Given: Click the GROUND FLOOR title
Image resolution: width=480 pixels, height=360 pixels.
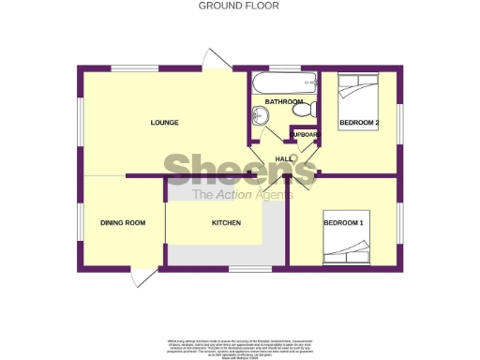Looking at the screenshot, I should tap(238, 6).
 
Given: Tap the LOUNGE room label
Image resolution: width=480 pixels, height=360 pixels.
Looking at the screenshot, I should tap(164, 123).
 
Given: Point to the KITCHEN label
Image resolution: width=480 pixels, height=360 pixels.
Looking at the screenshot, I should tap(226, 222).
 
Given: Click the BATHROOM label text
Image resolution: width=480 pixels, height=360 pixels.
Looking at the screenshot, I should tap(283, 101).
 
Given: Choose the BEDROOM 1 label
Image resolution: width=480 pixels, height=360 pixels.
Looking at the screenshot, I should tap(343, 222).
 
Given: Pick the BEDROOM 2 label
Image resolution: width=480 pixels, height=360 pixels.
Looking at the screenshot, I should tap(358, 123).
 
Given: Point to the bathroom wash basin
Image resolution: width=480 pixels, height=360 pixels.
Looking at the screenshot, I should tap(260, 115).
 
